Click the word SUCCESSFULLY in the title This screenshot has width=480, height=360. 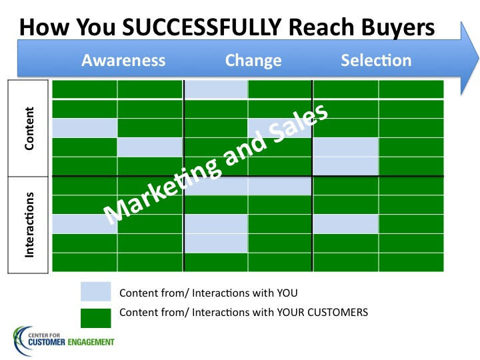(202, 27)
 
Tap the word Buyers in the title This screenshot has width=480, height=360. (398, 28)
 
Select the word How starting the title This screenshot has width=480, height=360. (45, 27)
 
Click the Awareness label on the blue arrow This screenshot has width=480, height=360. (123, 60)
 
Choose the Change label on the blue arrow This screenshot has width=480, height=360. (253, 61)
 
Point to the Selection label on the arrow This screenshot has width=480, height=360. (376, 60)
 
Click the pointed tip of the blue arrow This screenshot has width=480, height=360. (478, 58)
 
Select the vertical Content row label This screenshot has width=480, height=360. (29, 128)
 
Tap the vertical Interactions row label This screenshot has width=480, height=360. (29, 225)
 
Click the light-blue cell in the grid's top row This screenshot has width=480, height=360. (216, 89)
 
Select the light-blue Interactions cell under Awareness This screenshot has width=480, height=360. (85, 224)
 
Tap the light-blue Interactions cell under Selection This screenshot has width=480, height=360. (346, 224)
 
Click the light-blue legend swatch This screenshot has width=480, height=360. (96, 291)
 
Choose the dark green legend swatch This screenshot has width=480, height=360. (96, 318)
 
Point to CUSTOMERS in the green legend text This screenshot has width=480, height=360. (337, 312)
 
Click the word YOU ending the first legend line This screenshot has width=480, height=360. (287, 293)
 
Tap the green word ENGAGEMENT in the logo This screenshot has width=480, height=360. (91, 342)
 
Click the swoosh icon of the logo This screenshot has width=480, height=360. (18, 341)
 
